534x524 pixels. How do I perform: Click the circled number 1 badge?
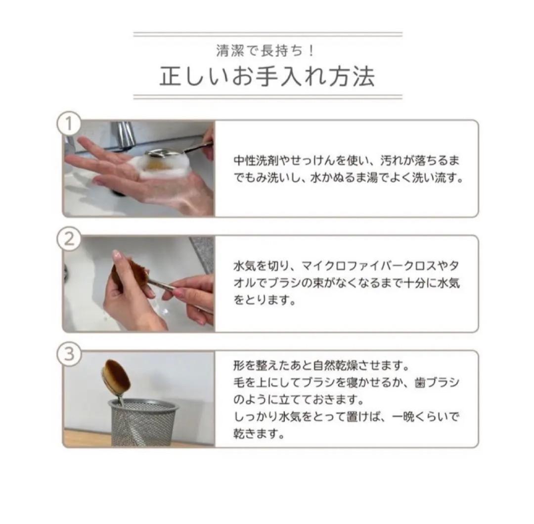[x=69, y=123]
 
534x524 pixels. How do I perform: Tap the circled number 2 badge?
[x=69, y=239]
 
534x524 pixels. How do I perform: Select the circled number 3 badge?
[x=69, y=354]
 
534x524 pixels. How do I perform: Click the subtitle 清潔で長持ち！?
[x=265, y=51]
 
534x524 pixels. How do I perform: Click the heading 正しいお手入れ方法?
[x=267, y=76]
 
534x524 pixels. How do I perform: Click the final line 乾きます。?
[x=259, y=434]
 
